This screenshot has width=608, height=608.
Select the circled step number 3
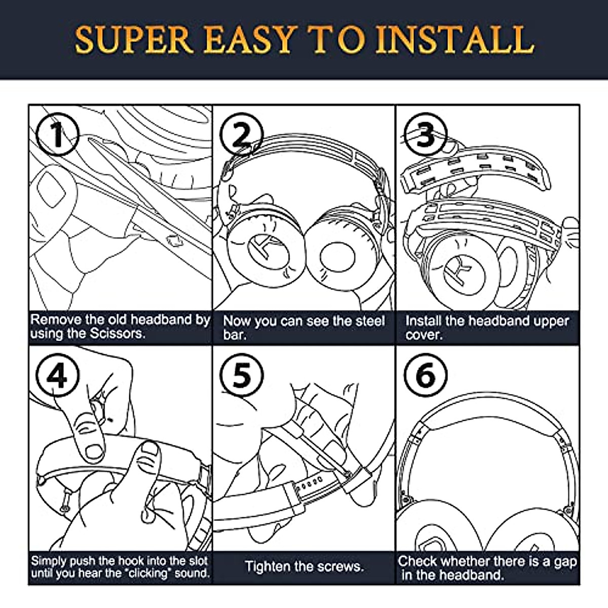pos(425,135)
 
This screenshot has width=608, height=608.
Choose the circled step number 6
pos(425,375)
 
